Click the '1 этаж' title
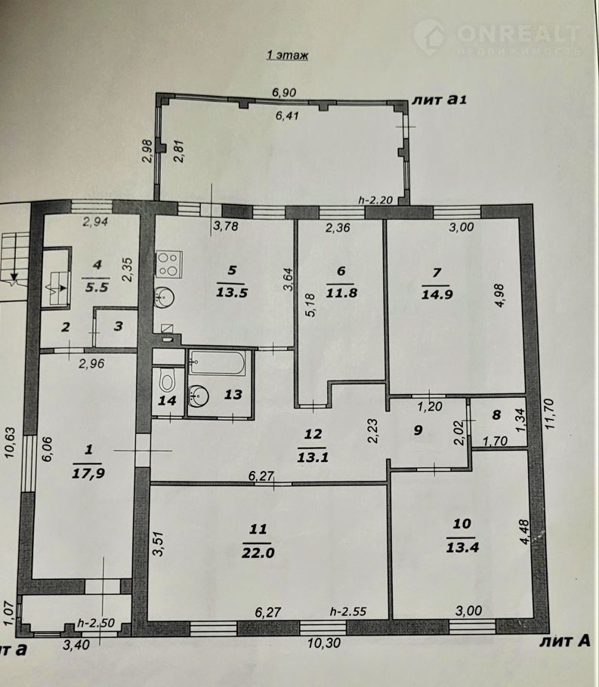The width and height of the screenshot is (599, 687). (287, 55)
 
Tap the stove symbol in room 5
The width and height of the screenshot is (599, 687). (169, 264)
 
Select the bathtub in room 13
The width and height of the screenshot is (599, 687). (217, 363)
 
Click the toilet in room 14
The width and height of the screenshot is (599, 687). (167, 380)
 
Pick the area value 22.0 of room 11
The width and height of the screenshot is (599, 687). (258, 553)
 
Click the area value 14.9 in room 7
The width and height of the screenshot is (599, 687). (437, 294)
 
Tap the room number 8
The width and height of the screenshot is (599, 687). (496, 414)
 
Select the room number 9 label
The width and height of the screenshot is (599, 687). (418, 430)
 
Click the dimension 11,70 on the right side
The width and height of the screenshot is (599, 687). (550, 414)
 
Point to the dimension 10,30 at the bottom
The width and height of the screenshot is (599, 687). (323, 643)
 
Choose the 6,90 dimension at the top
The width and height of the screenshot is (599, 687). (284, 92)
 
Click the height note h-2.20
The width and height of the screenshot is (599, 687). (375, 200)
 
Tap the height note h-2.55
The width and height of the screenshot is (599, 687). (348, 612)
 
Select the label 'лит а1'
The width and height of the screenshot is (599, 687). (439, 100)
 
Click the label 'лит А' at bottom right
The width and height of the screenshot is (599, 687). (565, 642)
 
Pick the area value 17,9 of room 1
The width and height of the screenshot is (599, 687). (88, 473)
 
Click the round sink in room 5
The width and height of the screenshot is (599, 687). (164, 298)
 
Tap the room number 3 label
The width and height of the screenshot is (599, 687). (119, 326)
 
